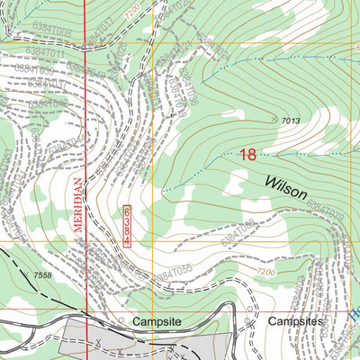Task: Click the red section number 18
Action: pos(248,155)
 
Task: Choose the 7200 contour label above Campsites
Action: pos(265,272)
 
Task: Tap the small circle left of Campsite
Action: pos(121,319)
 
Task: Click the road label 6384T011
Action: pos(45,54)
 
